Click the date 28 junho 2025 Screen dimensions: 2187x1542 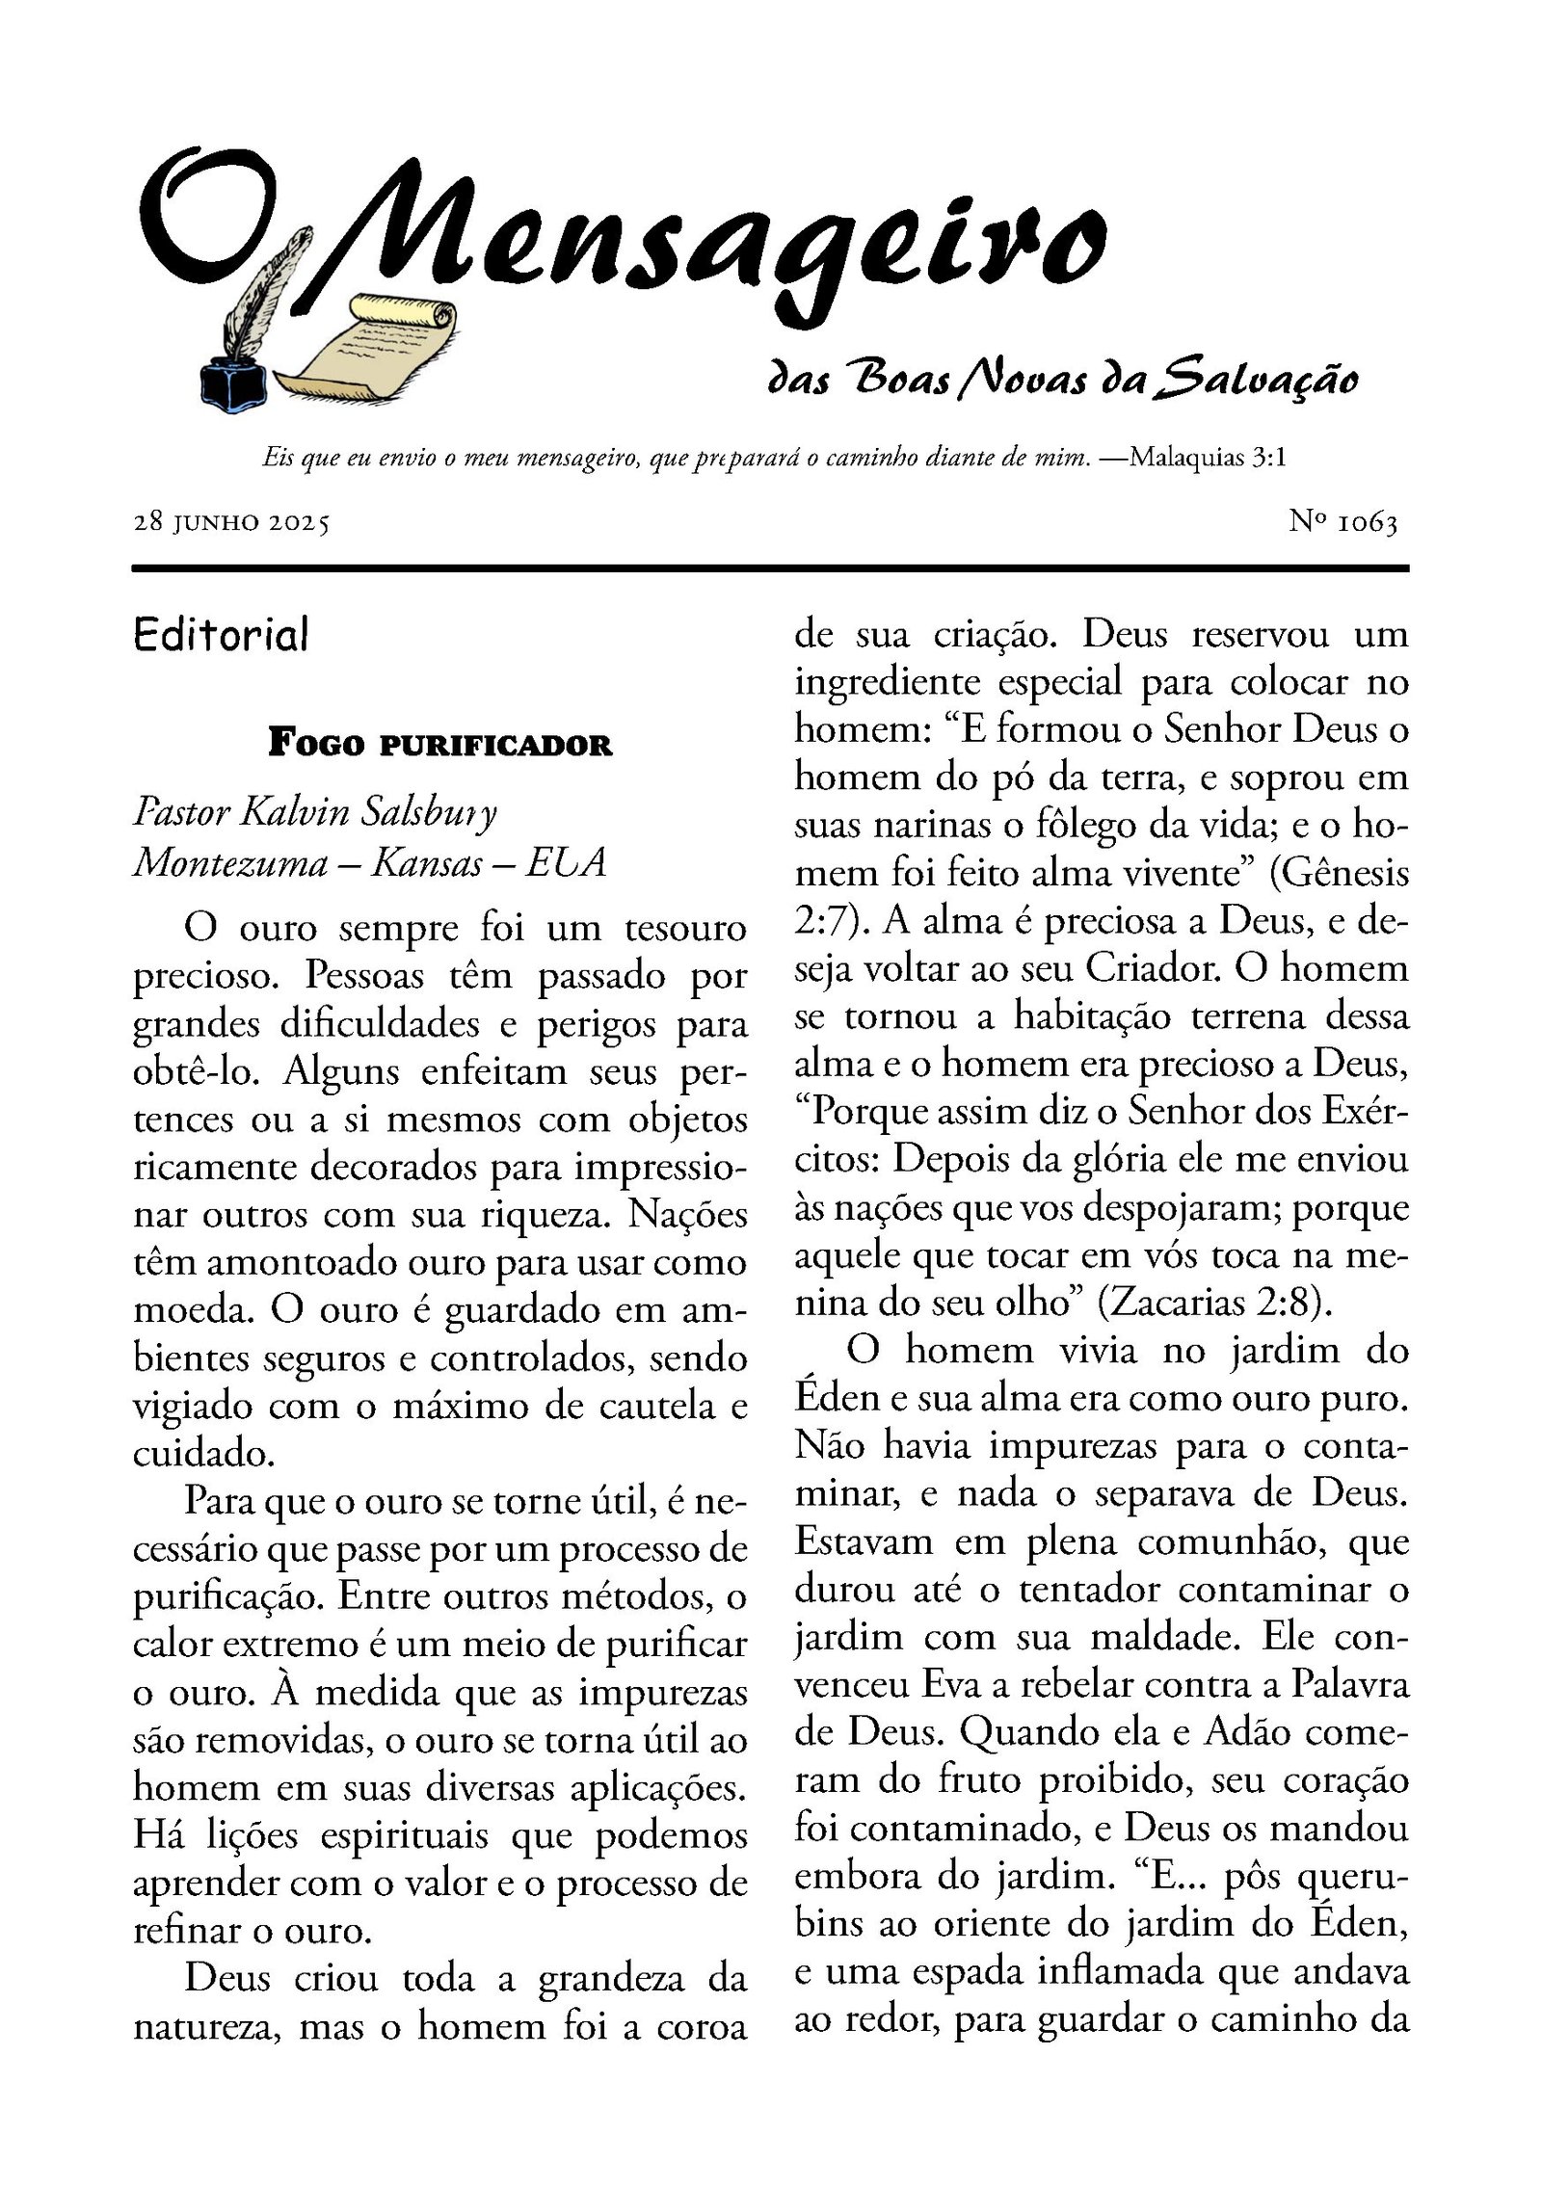231,523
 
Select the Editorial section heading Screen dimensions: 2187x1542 222,635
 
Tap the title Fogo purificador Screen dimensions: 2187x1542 439,745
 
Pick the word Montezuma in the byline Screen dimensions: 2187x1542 230,862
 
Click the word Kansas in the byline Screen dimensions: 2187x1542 427,862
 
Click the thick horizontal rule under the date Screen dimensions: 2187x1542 770,568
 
